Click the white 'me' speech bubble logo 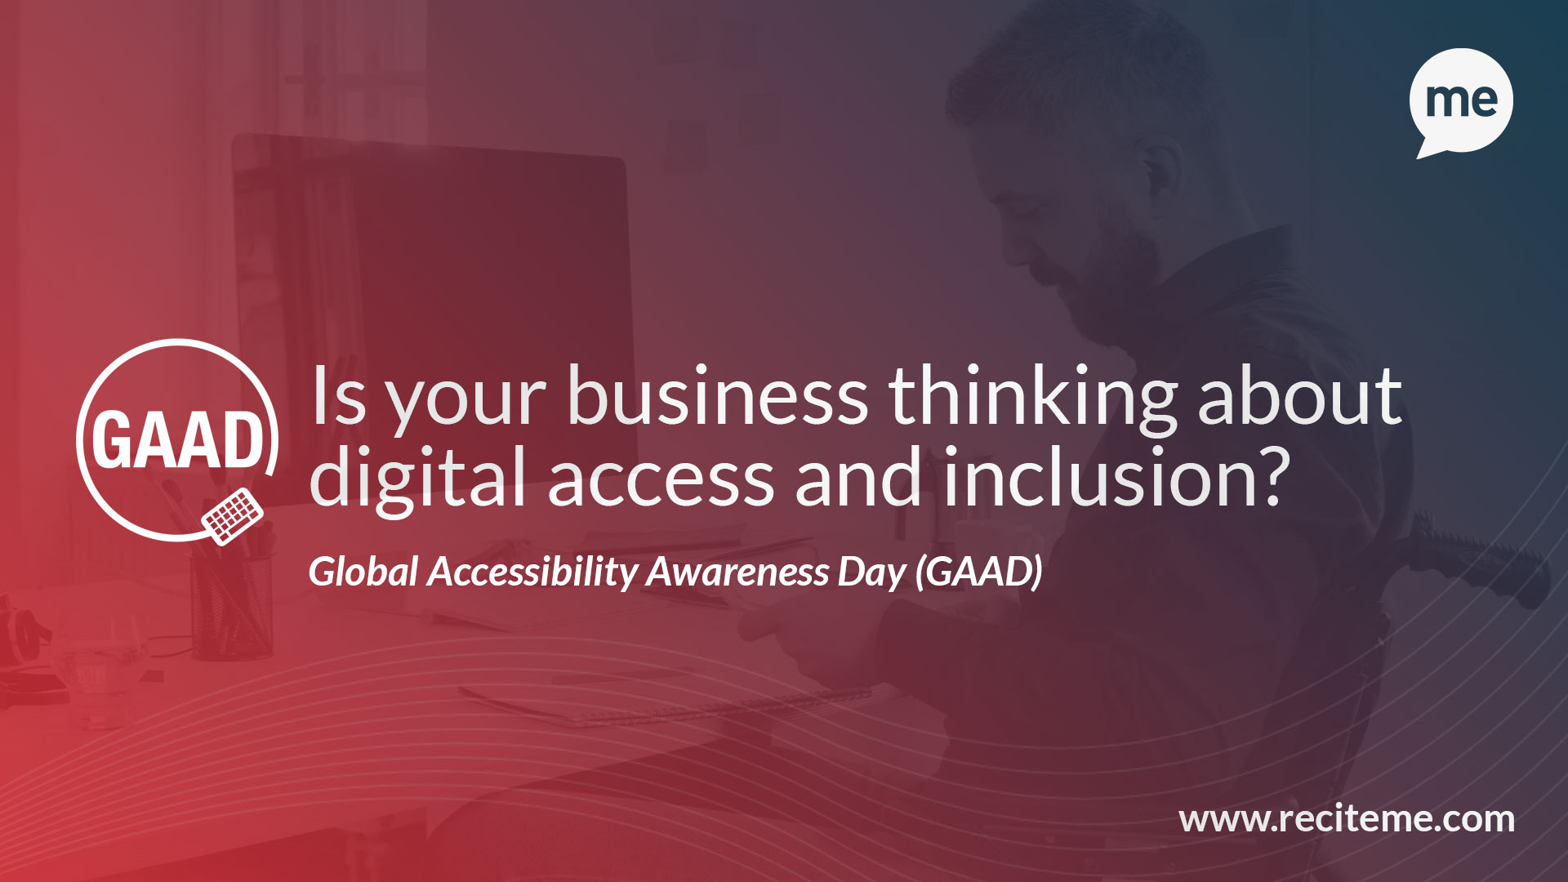coord(1461,101)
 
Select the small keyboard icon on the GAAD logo coord(233,515)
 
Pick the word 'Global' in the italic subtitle coord(364,571)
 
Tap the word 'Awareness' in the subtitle coord(738,572)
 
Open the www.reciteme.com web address coord(1347,819)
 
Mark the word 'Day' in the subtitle coord(872,573)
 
